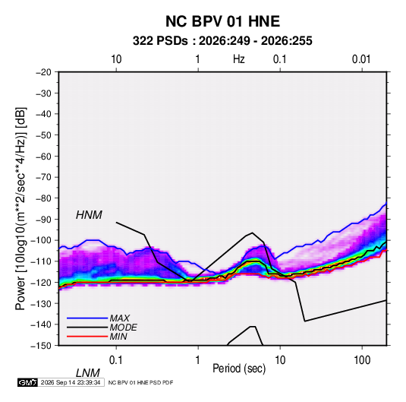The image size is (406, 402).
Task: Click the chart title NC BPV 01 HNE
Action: (x=222, y=21)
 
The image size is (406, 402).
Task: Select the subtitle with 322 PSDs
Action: (x=222, y=41)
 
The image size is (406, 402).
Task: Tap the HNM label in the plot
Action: (x=89, y=215)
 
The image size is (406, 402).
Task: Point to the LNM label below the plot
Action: (x=88, y=373)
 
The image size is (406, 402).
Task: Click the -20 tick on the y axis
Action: (x=43, y=72)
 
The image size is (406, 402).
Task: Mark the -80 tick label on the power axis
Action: (x=43, y=198)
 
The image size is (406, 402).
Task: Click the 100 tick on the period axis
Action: (x=362, y=360)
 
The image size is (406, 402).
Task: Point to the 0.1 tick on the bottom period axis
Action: (x=116, y=360)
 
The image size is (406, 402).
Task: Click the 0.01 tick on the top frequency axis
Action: (x=361, y=59)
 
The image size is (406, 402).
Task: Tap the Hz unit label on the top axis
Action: (x=239, y=59)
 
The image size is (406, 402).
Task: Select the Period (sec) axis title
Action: (x=239, y=369)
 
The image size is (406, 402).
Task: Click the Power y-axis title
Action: (x=21, y=208)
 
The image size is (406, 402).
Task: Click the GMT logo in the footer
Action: (x=28, y=382)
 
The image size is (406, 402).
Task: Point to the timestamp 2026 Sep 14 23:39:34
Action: (x=71, y=382)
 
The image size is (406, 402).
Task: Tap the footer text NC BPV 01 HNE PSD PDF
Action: (x=140, y=383)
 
